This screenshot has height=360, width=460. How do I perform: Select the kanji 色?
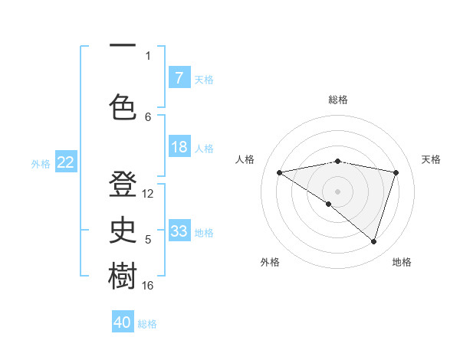[123, 106]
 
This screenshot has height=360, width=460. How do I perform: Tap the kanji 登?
[123, 186]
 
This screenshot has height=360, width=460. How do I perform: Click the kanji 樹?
[123, 277]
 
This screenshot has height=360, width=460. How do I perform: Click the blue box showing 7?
[179, 78]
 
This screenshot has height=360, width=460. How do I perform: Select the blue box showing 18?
[179, 148]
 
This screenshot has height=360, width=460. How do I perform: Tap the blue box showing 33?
[179, 231]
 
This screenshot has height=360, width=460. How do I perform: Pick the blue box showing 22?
[65, 162]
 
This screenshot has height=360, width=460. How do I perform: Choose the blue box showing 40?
[123, 322]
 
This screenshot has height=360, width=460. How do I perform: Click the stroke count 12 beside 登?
[148, 194]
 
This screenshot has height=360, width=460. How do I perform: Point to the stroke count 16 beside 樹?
[148, 286]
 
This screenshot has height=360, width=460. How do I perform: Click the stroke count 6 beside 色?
[148, 116]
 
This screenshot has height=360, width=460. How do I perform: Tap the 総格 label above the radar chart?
[338, 100]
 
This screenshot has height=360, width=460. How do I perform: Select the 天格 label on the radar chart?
[431, 159]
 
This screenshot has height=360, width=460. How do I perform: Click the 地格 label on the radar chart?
[402, 262]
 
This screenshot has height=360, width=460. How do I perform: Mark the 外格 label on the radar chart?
[270, 262]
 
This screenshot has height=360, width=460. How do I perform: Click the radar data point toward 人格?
[279, 172]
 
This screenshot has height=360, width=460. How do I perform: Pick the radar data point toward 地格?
[373, 241]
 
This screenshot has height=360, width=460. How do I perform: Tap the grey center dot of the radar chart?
[337, 191]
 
